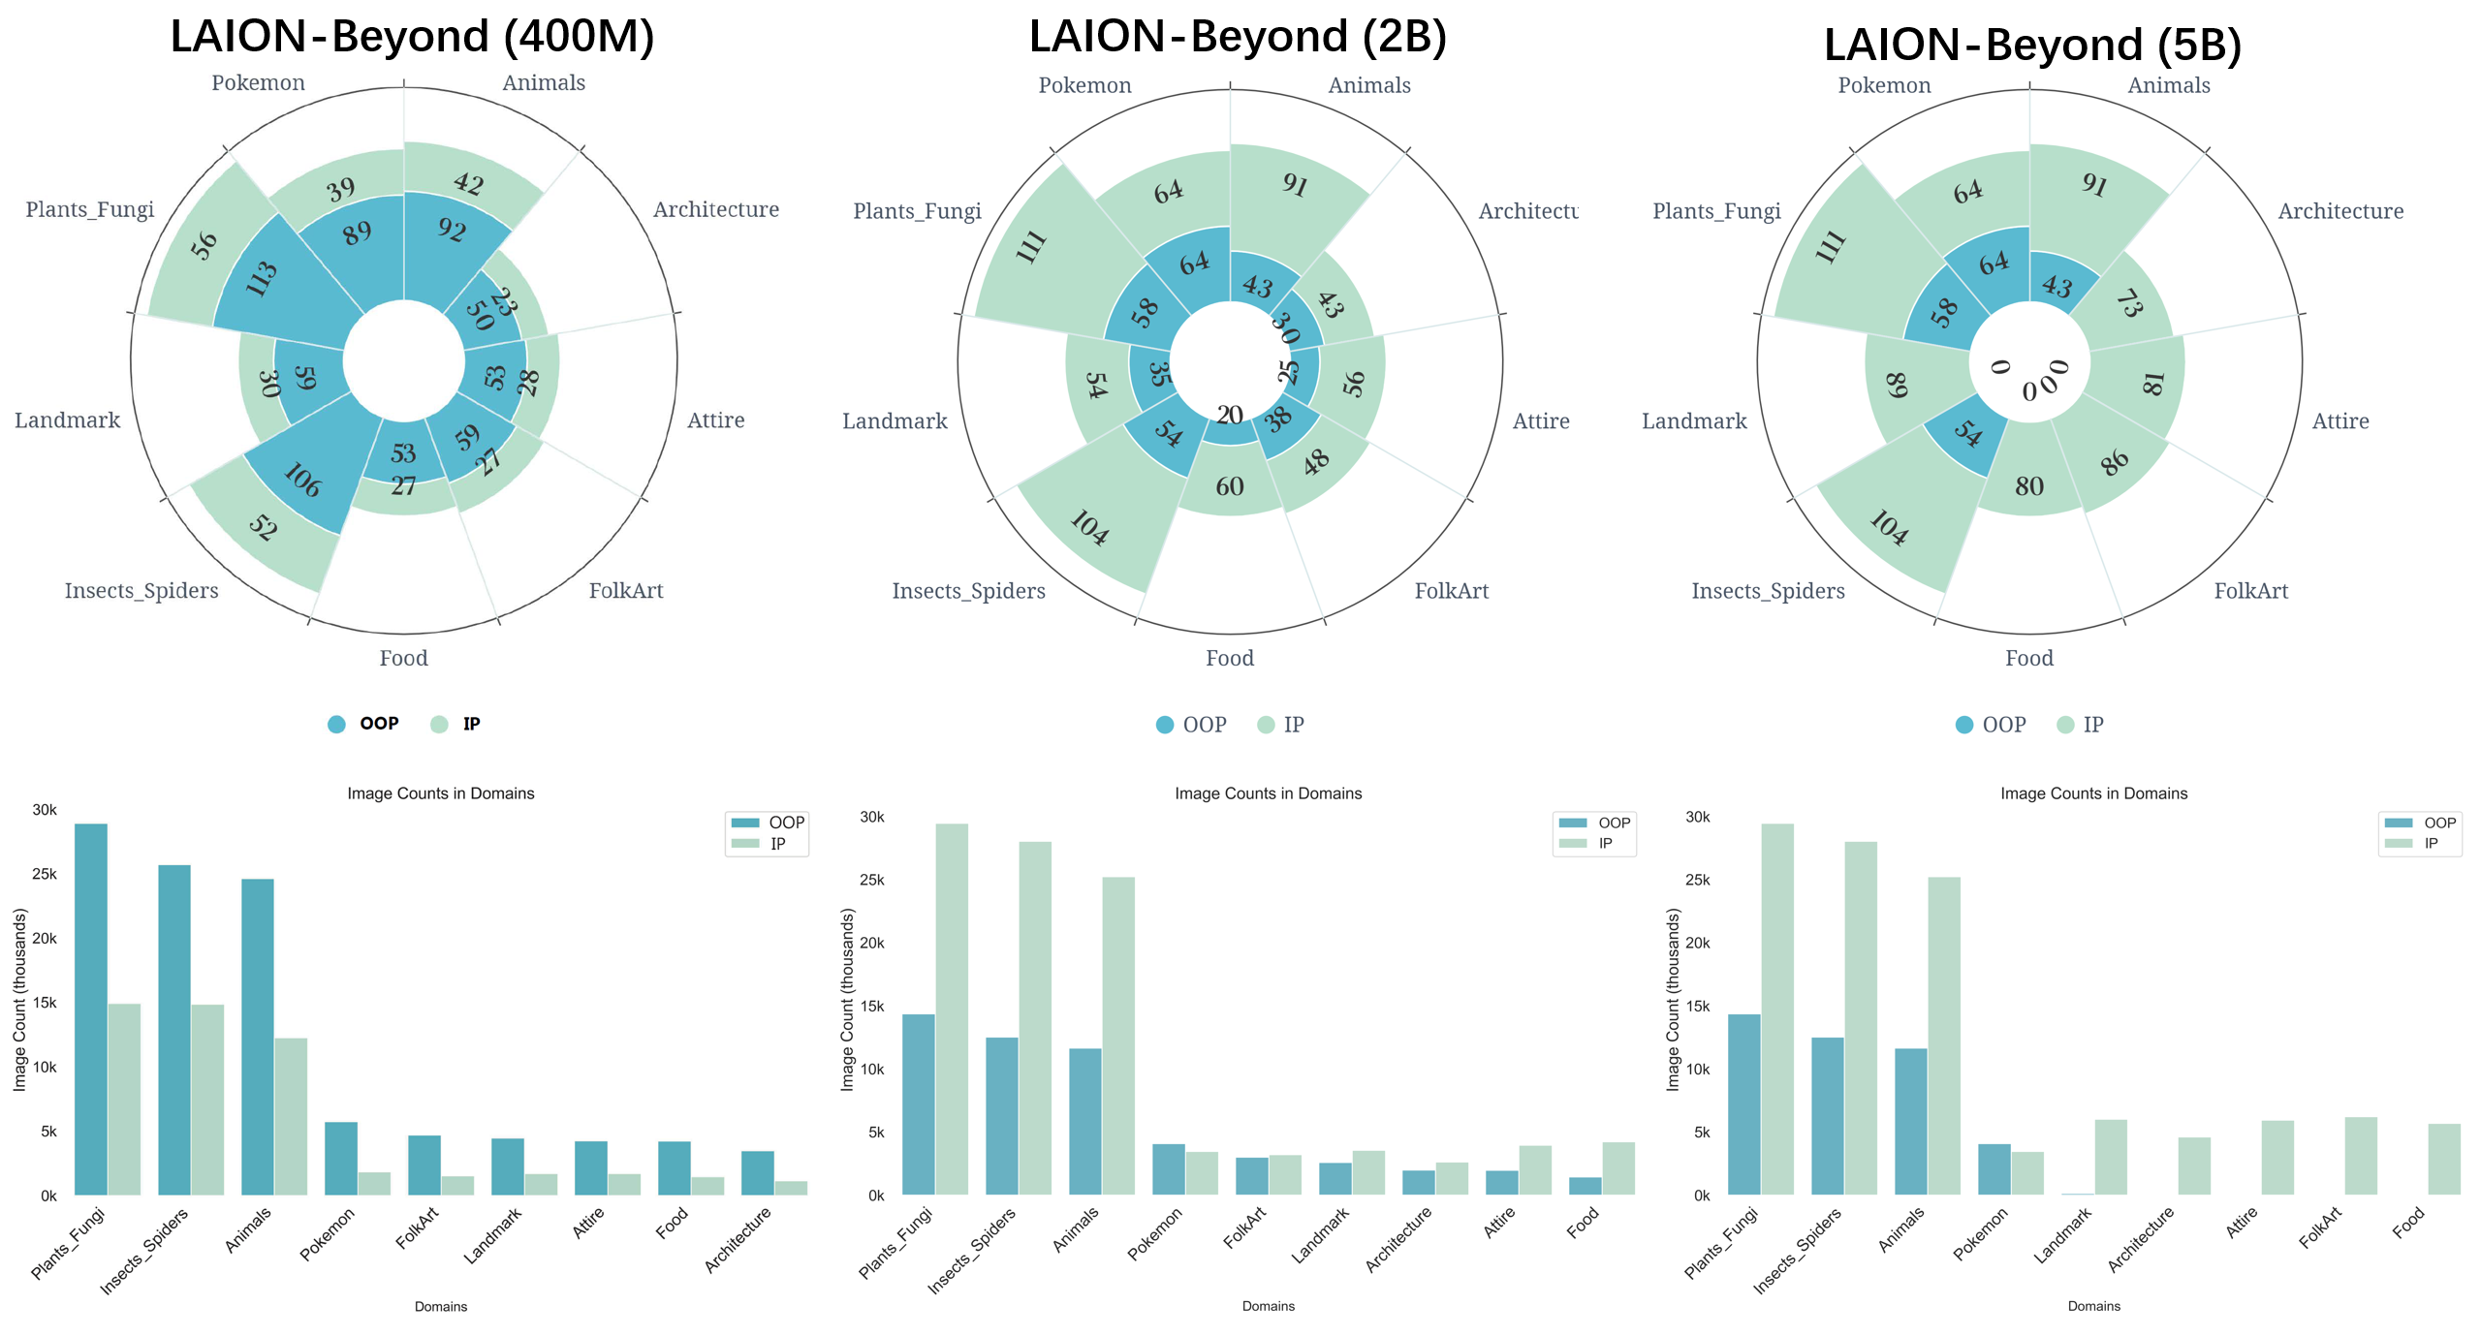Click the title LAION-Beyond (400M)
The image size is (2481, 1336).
pos(412,37)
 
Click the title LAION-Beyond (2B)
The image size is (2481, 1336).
pos(1238,37)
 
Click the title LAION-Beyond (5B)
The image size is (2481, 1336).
pos(2032,45)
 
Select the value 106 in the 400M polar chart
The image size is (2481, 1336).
pos(302,480)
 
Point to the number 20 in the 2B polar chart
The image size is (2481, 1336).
pos(1230,415)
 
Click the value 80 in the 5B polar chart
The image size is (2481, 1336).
pos(2029,486)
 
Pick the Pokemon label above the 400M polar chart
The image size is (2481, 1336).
pos(258,83)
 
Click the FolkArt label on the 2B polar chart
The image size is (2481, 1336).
pos(1451,591)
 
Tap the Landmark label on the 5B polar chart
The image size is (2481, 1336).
pos(1694,421)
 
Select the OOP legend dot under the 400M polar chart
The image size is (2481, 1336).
pos(336,724)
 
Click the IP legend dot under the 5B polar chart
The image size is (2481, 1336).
pos(2065,725)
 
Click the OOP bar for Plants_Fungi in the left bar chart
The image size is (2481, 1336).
pos(91,1008)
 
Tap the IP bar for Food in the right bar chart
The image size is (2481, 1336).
pos(2444,1159)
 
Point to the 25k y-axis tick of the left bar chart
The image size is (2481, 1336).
pos(45,874)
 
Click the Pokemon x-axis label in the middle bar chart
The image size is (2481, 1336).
pos(1154,1232)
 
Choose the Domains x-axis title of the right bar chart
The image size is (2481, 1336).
pos(2093,1306)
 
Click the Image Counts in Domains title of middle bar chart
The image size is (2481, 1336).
pos(1268,793)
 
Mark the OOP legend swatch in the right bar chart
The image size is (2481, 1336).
pos(2399,823)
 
